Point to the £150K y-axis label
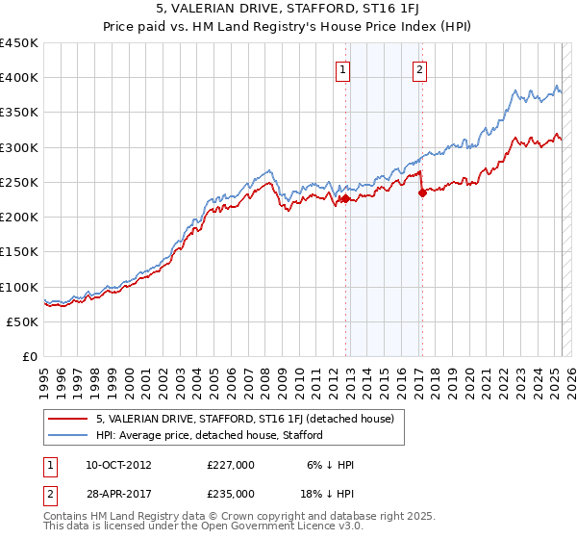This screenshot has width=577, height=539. tap(19, 252)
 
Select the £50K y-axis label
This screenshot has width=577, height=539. tap(23, 321)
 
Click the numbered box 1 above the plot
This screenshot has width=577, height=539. tap(343, 68)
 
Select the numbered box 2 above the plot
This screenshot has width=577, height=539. tap(420, 68)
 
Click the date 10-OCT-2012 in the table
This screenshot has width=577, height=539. tap(119, 466)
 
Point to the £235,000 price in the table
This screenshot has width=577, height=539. tap(231, 493)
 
